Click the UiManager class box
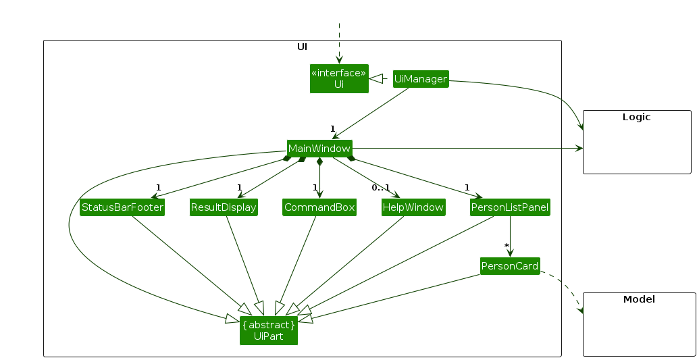click(x=421, y=79)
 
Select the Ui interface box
click(x=339, y=78)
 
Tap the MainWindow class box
click(x=319, y=148)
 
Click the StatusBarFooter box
click(x=122, y=207)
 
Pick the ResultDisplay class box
click(x=224, y=207)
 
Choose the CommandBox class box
click(x=319, y=207)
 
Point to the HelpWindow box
click(x=413, y=207)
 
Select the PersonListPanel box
click(x=510, y=207)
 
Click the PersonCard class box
click(x=510, y=266)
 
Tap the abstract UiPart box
click(x=269, y=330)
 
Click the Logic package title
click(x=636, y=117)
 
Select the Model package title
click(x=639, y=299)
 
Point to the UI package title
click(x=303, y=47)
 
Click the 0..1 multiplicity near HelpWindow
click(x=380, y=187)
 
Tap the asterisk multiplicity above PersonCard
click(x=506, y=246)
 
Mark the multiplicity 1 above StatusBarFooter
click(x=157, y=187)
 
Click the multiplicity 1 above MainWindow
click(x=332, y=128)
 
